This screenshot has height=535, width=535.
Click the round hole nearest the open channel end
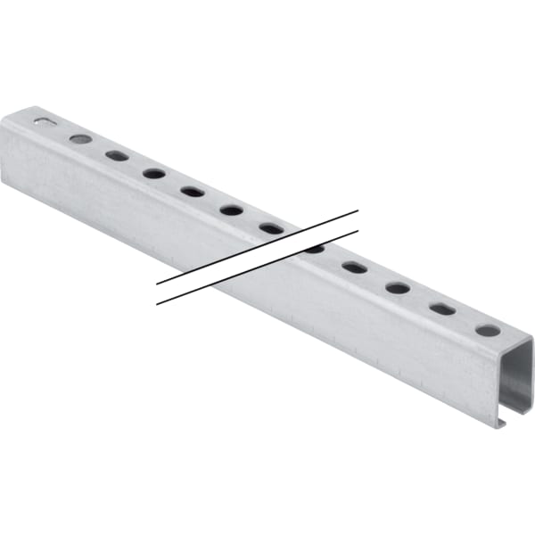pyautogui.click(x=488, y=330)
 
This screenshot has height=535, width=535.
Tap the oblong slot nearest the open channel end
pyautogui.click(x=442, y=309)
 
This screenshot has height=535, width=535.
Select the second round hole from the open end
pyautogui.click(x=398, y=288)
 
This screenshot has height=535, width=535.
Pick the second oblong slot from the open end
pyautogui.click(x=354, y=267)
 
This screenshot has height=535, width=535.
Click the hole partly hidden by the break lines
pyautogui.click(x=314, y=249)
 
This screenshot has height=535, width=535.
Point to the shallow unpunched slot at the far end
pyautogui.click(x=43, y=121)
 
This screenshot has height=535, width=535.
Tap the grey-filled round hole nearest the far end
pyautogui.click(x=80, y=139)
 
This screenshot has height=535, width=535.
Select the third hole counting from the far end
pyautogui.click(x=117, y=155)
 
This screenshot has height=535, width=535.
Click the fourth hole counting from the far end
pyautogui.click(x=153, y=173)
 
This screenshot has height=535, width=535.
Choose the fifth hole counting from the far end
pyautogui.click(x=192, y=191)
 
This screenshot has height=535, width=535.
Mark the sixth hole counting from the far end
pyautogui.click(x=231, y=210)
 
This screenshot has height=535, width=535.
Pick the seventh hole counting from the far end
pyautogui.click(x=271, y=228)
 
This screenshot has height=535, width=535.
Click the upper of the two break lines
pyautogui.click(x=259, y=247)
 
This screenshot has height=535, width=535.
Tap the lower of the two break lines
pyautogui.click(x=259, y=267)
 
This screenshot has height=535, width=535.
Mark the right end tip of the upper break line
pyautogui.click(x=358, y=211)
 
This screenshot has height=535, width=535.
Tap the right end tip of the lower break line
pyautogui.click(x=358, y=231)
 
